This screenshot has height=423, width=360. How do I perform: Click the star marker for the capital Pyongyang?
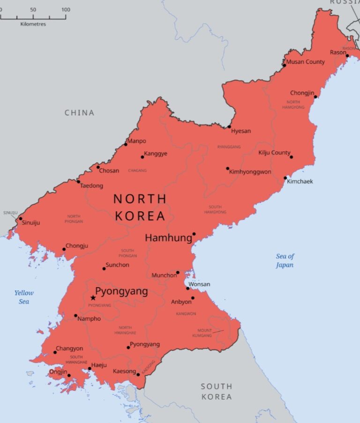coord(93,297)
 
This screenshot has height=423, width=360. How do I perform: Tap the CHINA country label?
coord(79,112)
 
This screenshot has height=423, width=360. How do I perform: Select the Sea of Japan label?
coord(285,260)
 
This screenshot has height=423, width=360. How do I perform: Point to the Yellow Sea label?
coord(24,297)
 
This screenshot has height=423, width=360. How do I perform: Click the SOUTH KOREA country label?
coord(216,391)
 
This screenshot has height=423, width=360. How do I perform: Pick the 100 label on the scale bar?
coord(66,10)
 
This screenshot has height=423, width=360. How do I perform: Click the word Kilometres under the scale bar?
coord(33,24)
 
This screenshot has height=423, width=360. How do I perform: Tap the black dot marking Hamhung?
coord(194,234)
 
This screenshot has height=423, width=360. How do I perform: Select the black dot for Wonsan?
coord(187,288)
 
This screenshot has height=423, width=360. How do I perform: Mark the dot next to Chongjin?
coord(315,97)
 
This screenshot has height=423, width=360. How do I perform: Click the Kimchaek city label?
coord(300,181)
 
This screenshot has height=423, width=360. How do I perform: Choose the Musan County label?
coord(305,62)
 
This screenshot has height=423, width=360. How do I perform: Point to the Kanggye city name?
coord(156,154)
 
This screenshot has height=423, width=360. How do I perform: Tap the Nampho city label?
coord(89,319)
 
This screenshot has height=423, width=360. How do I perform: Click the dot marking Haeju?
coord(90,369)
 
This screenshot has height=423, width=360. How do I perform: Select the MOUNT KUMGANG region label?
coord(204,333)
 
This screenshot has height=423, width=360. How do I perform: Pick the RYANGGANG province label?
coord(229,147)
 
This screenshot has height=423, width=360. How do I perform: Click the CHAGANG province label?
coord(137,171)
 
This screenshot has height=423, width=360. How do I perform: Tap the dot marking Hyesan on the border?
coord(229,126)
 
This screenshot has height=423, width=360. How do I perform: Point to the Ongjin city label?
coord(58,372)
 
